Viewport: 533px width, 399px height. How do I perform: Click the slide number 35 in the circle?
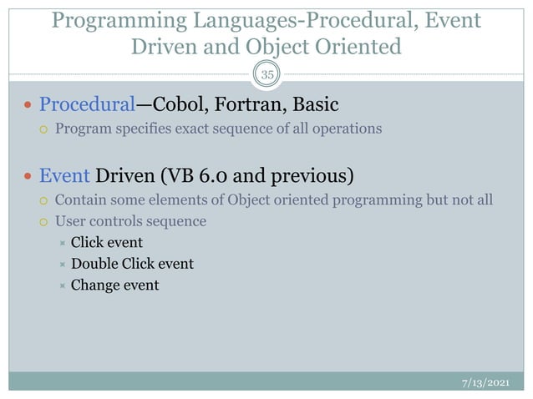click(266, 74)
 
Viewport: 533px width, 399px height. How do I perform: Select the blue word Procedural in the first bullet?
click(87, 106)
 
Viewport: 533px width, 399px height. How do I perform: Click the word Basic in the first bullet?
click(316, 106)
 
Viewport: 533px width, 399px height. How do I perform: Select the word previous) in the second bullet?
click(312, 177)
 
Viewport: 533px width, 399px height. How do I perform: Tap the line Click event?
click(106, 243)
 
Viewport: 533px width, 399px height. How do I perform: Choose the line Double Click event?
click(132, 264)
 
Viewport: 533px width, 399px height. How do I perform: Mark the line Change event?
click(114, 285)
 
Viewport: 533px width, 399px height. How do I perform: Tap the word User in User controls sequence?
click(69, 221)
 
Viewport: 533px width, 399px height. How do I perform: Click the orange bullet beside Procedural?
click(28, 107)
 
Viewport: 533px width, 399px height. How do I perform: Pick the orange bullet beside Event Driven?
click(28, 178)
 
